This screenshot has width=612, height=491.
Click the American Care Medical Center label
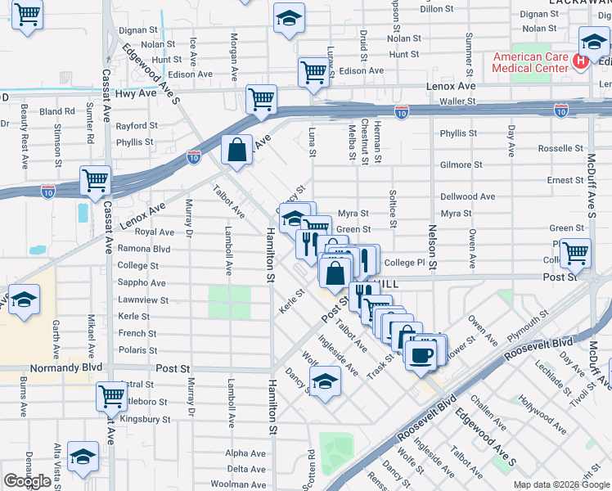click(529, 62)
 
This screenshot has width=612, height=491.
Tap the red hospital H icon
click(581, 61)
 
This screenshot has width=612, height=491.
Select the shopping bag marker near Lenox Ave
click(236, 151)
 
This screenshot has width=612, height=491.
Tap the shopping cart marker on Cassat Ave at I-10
click(95, 179)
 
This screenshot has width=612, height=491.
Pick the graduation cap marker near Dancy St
click(325, 381)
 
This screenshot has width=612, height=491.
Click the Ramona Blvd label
click(144, 249)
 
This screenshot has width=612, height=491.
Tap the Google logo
click(27, 481)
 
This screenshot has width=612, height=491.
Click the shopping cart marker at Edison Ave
click(313, 72)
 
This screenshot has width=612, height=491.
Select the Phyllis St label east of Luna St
click(457, 133)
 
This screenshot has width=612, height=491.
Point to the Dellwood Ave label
click(468, 197)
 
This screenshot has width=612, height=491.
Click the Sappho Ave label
click(142, 283)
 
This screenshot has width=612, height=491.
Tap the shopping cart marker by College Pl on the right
click(575, 252)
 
